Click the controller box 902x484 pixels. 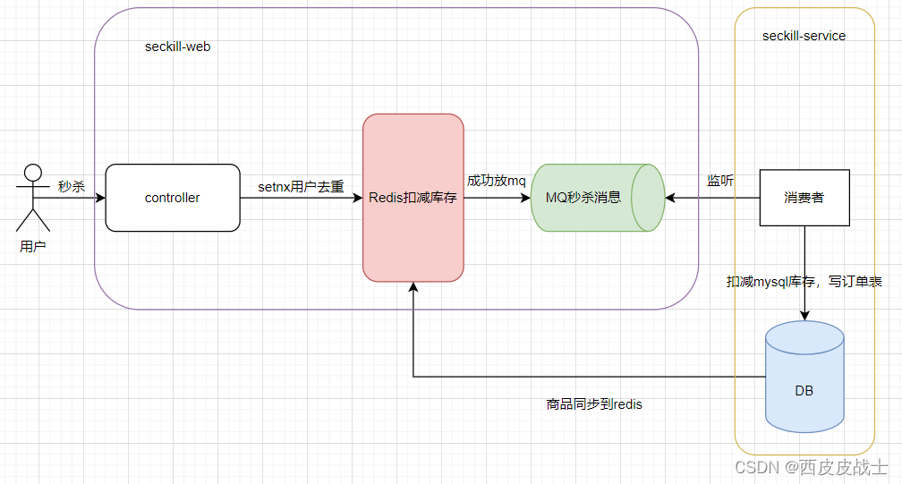(x=173, y=198)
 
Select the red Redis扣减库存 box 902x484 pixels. (x=413, y=198)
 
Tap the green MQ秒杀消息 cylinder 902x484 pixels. (x=596, y=198)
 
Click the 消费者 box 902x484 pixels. (x=804, y=198)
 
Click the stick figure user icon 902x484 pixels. (x=33, y=197)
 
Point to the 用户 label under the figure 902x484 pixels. (x=33, y=246)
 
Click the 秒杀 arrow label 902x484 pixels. (x=72, y=186)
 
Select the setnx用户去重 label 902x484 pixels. (x=301, y=186)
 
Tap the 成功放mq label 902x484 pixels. (x=497, y=181)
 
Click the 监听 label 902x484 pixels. (x=720, y=181)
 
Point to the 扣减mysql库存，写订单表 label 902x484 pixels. (x=804, y=282)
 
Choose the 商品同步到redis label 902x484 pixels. (x=594, y=404)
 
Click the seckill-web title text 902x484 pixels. (x=178, y=46)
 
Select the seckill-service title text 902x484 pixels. (x=804, y=36)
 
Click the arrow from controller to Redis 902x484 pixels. (x=301, y=198)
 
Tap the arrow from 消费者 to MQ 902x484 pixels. (x=712, y=198)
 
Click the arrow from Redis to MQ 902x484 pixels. (x=498, y=198)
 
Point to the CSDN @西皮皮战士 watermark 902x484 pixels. (x=811, y=467)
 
